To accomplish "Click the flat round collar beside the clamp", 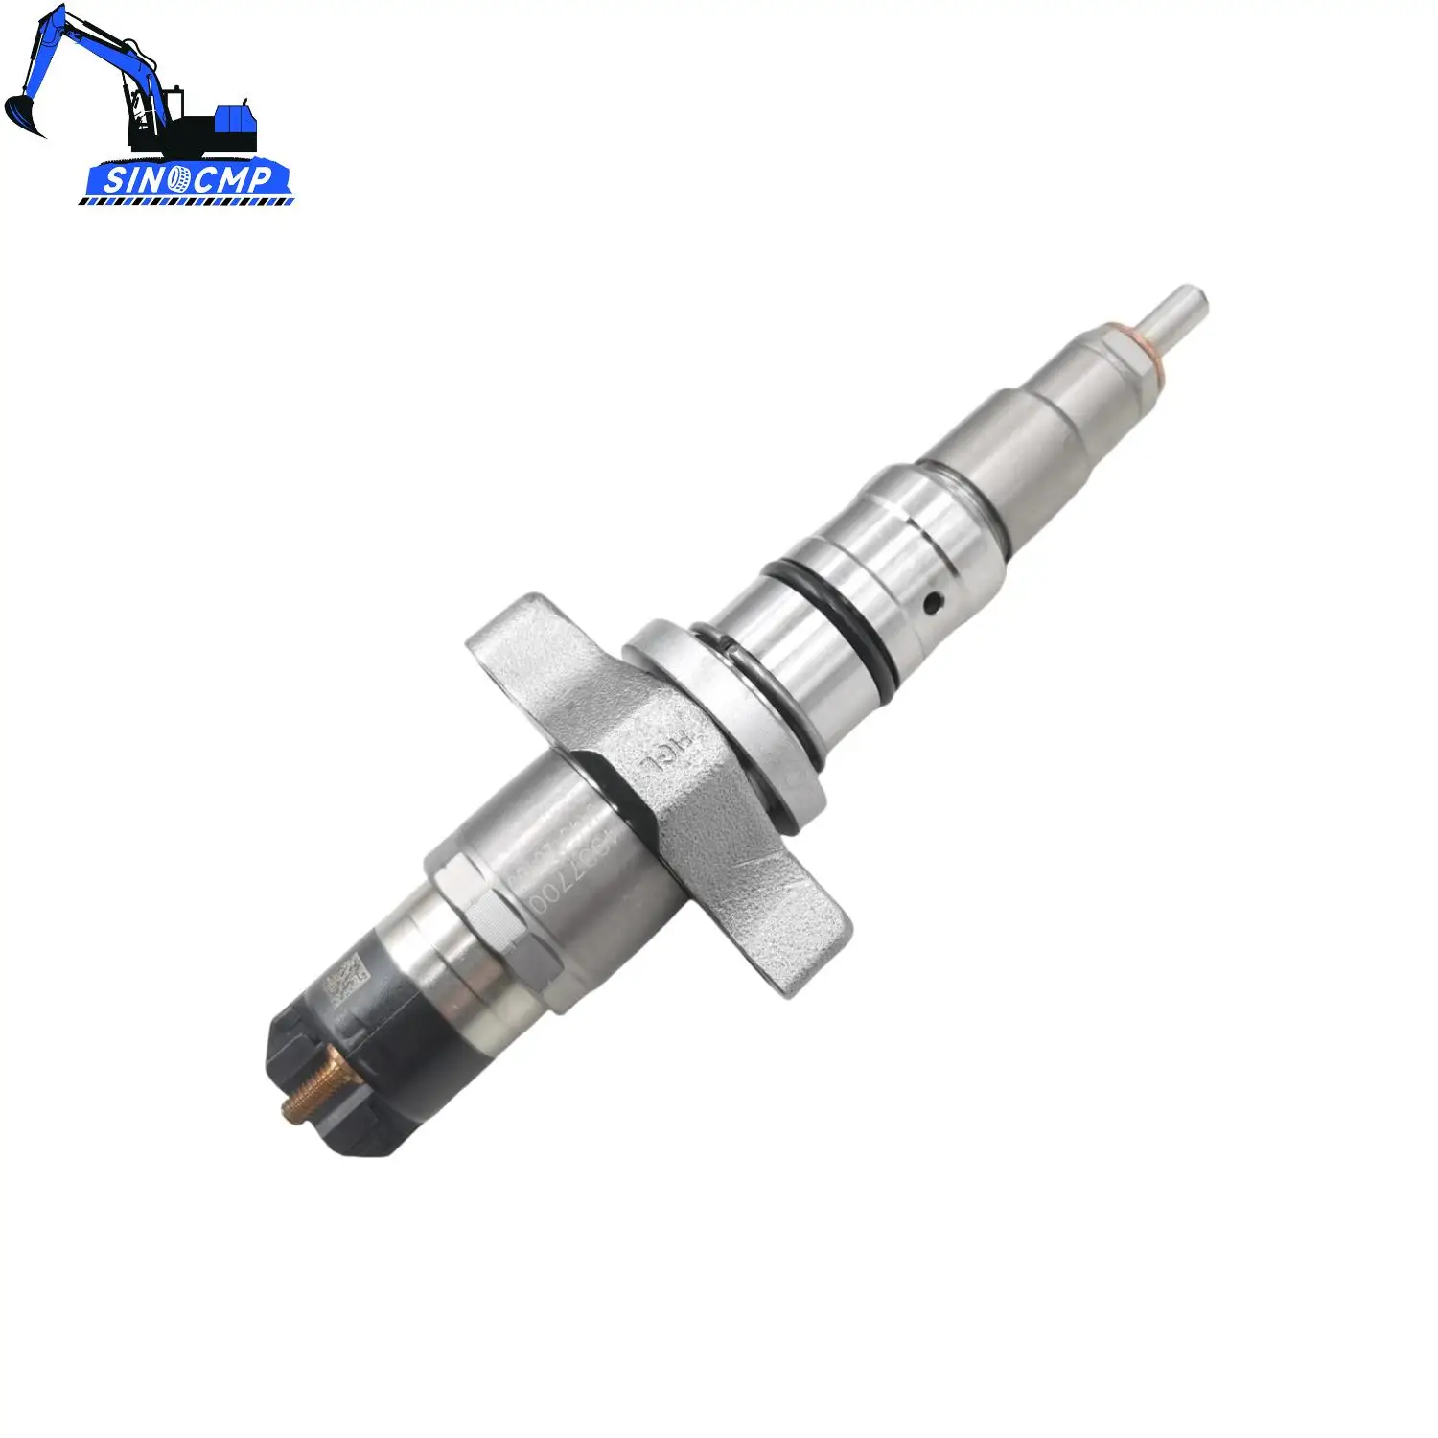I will point(729,719).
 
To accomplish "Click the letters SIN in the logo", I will point(134,179).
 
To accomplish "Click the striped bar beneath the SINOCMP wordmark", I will point(187,201).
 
